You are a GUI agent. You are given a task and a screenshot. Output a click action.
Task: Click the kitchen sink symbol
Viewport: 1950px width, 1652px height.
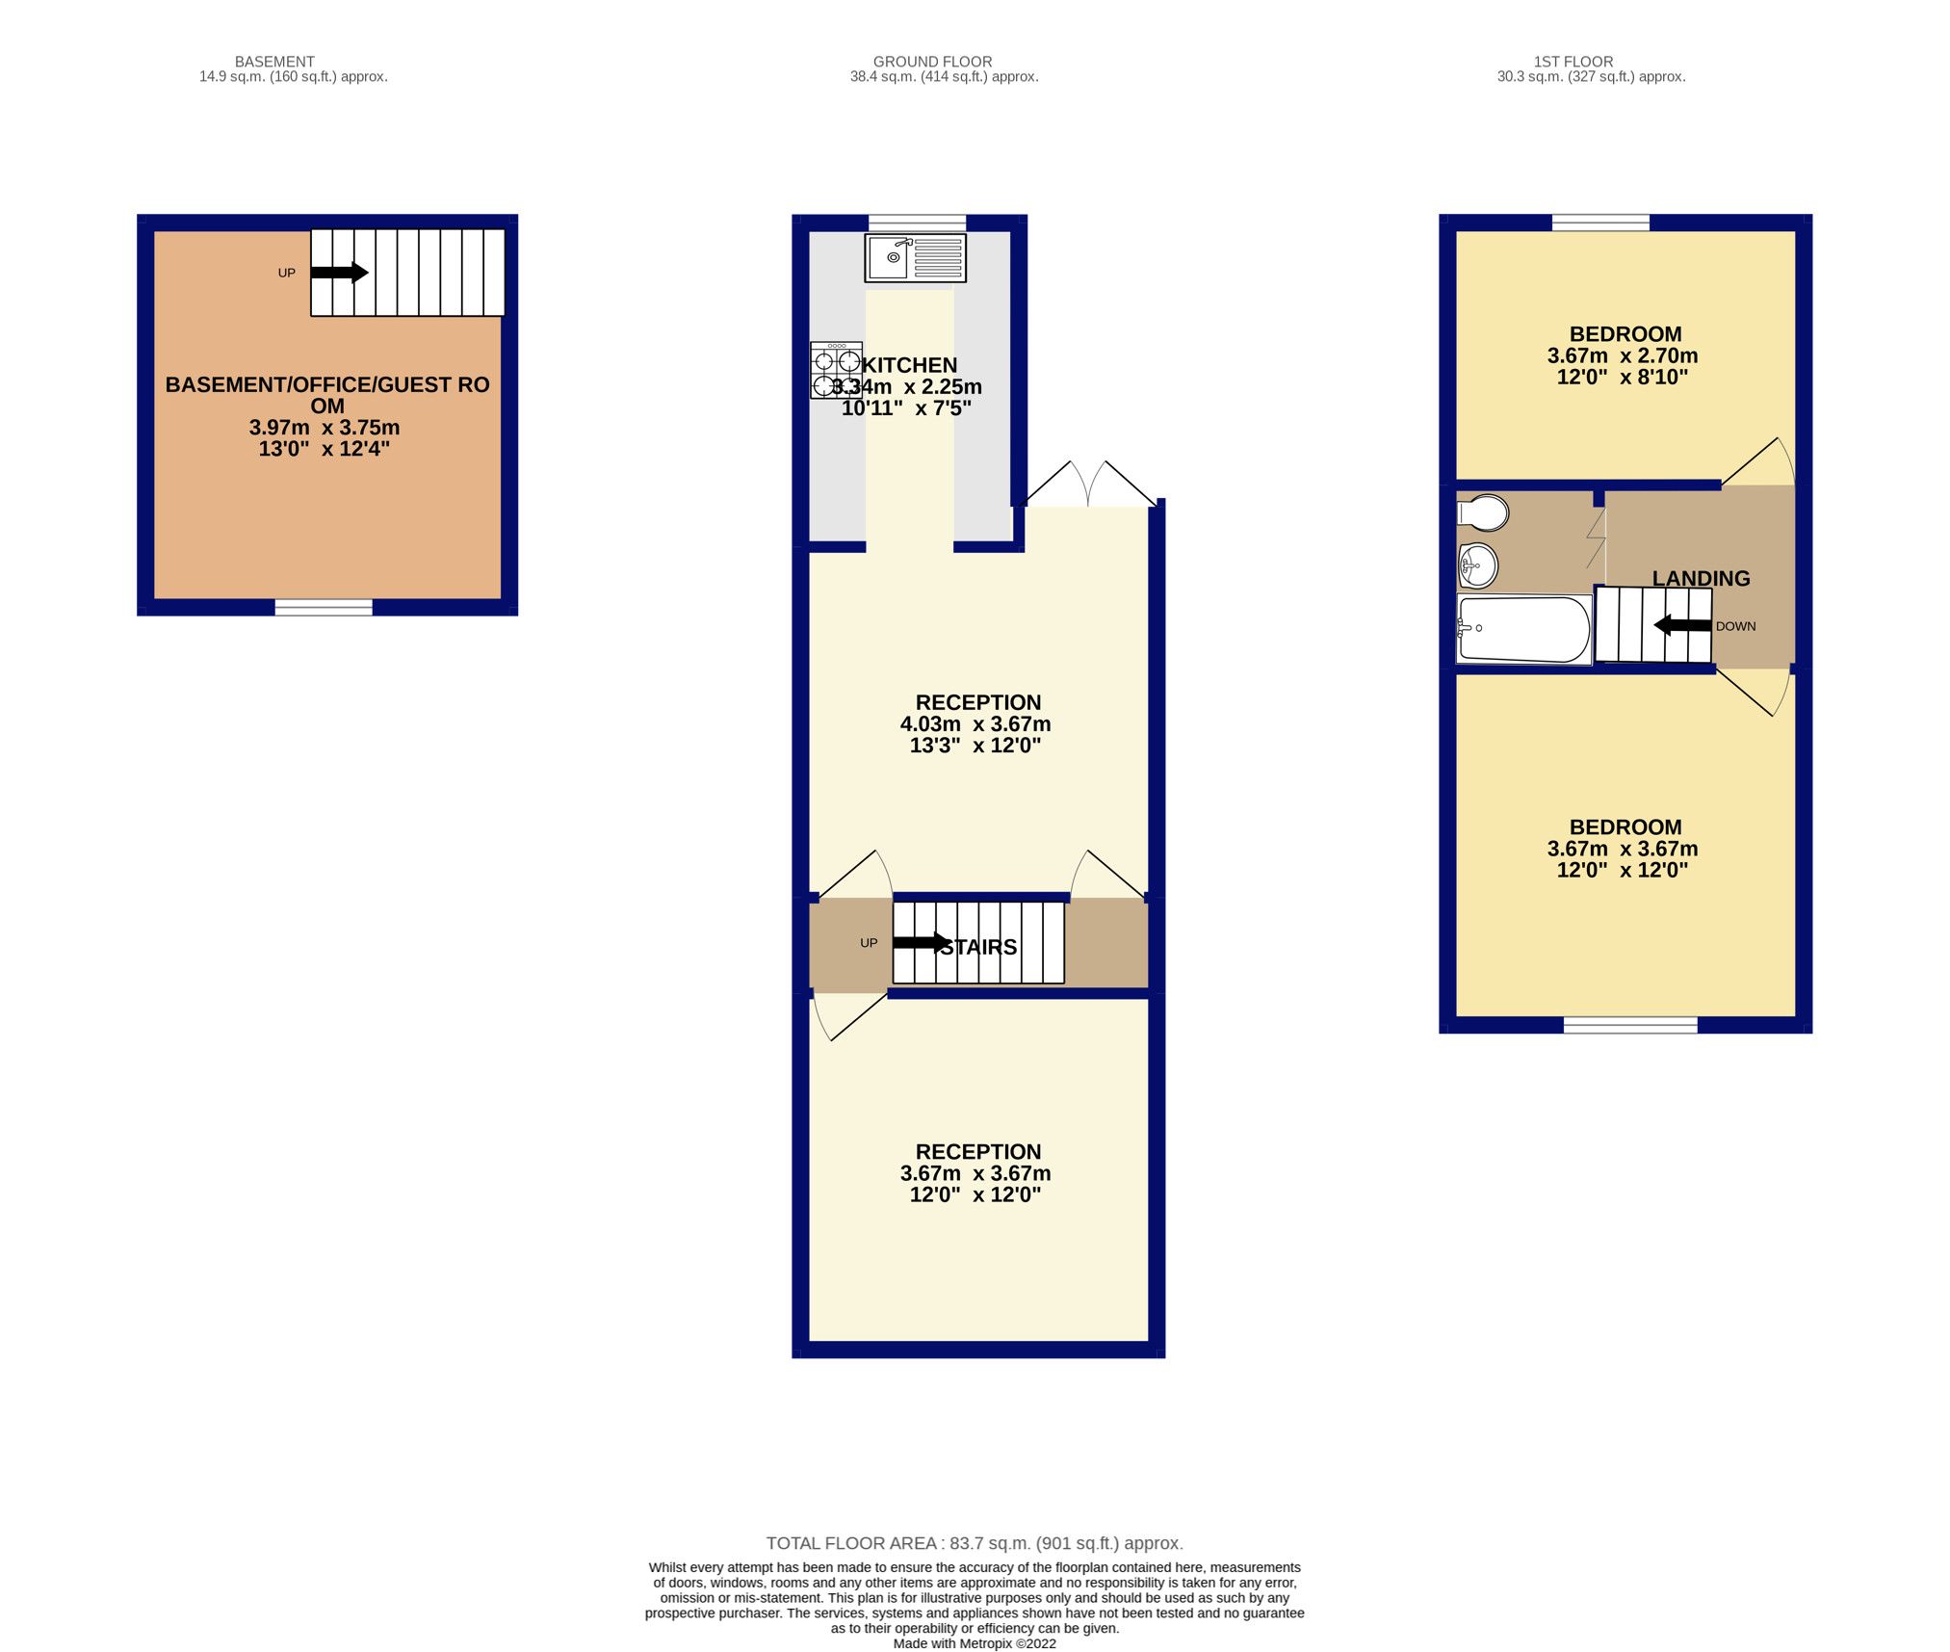[x=915, y=257]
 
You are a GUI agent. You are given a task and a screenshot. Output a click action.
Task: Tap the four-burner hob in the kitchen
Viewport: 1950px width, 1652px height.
[x=835, y=371]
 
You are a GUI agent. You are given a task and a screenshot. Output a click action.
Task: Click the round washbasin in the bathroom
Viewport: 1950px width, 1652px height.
[x=1477, y=565]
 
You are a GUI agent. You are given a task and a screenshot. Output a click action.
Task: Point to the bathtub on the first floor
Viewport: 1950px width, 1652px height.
[x=1523, y=629]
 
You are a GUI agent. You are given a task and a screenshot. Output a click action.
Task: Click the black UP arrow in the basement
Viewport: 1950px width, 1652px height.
[x=339, y=273]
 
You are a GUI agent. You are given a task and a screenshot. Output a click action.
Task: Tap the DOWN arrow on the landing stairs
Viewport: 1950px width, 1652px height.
[x=1682, y=625]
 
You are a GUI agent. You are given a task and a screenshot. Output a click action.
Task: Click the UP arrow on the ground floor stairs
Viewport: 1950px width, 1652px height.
[x=920, y=942]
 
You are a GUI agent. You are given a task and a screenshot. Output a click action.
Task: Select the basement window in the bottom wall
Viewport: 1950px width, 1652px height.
[x=324, y=607]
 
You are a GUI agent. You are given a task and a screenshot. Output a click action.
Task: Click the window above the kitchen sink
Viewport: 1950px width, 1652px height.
[x=917, y=223]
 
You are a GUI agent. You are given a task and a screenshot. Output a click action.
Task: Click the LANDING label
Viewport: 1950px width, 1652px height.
[x=1701, y=578]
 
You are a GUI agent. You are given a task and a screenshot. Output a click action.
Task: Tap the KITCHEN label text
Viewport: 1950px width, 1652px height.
[x=909, y=365]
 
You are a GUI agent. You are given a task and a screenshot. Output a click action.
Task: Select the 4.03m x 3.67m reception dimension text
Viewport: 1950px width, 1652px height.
[x=975, y=723]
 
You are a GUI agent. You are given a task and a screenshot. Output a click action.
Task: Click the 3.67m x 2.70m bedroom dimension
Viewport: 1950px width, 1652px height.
[x=1622, y=355]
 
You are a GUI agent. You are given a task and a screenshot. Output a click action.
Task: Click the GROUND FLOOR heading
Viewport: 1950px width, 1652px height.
[x=931, y=62]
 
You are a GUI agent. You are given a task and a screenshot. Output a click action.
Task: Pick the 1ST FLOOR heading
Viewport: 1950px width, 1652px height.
[x=1573, y=62]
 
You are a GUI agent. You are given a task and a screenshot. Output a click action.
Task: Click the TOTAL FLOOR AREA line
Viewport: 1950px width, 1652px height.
[x=974, y=1543]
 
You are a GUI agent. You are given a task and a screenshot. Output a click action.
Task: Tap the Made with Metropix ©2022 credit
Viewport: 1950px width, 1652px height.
[x=974, y=1643]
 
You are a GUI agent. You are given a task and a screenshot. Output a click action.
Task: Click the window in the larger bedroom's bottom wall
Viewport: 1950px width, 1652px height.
[x=1629, y=1025]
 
